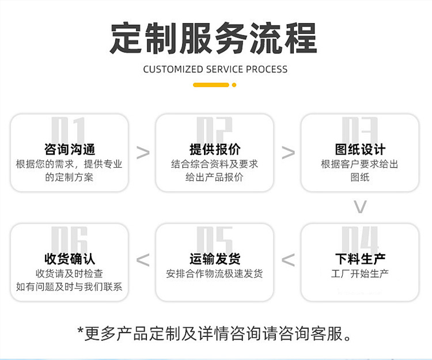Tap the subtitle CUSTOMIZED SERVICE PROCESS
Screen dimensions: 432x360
[x=215, y=69]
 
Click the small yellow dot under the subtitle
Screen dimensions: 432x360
[x=234, y=85]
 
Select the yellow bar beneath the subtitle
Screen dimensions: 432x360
[x=211, y=85]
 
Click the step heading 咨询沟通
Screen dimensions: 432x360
[x=70, y=149]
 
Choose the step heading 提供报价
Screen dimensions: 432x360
[x=214, y=149]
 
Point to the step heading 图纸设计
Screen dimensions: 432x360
[x=359, y=149]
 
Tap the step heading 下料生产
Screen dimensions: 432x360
[x=359, y=259]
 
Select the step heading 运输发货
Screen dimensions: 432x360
[x=214, y=259]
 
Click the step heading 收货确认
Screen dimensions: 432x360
[x=70, y=259]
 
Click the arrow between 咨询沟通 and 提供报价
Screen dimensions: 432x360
[x=143, y=153]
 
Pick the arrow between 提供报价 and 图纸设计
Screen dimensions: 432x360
[x=288, y=153]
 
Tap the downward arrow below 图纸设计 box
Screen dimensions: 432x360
[x=360, y=207]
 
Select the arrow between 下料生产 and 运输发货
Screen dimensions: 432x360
[x=288, y=260]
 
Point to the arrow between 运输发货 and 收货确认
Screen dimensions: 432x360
[x=143, y=260]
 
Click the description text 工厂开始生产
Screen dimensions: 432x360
[x=359, y=273]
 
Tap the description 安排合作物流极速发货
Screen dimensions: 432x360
[x=214, y=274]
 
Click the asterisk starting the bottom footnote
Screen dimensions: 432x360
[x=81, y=331]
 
